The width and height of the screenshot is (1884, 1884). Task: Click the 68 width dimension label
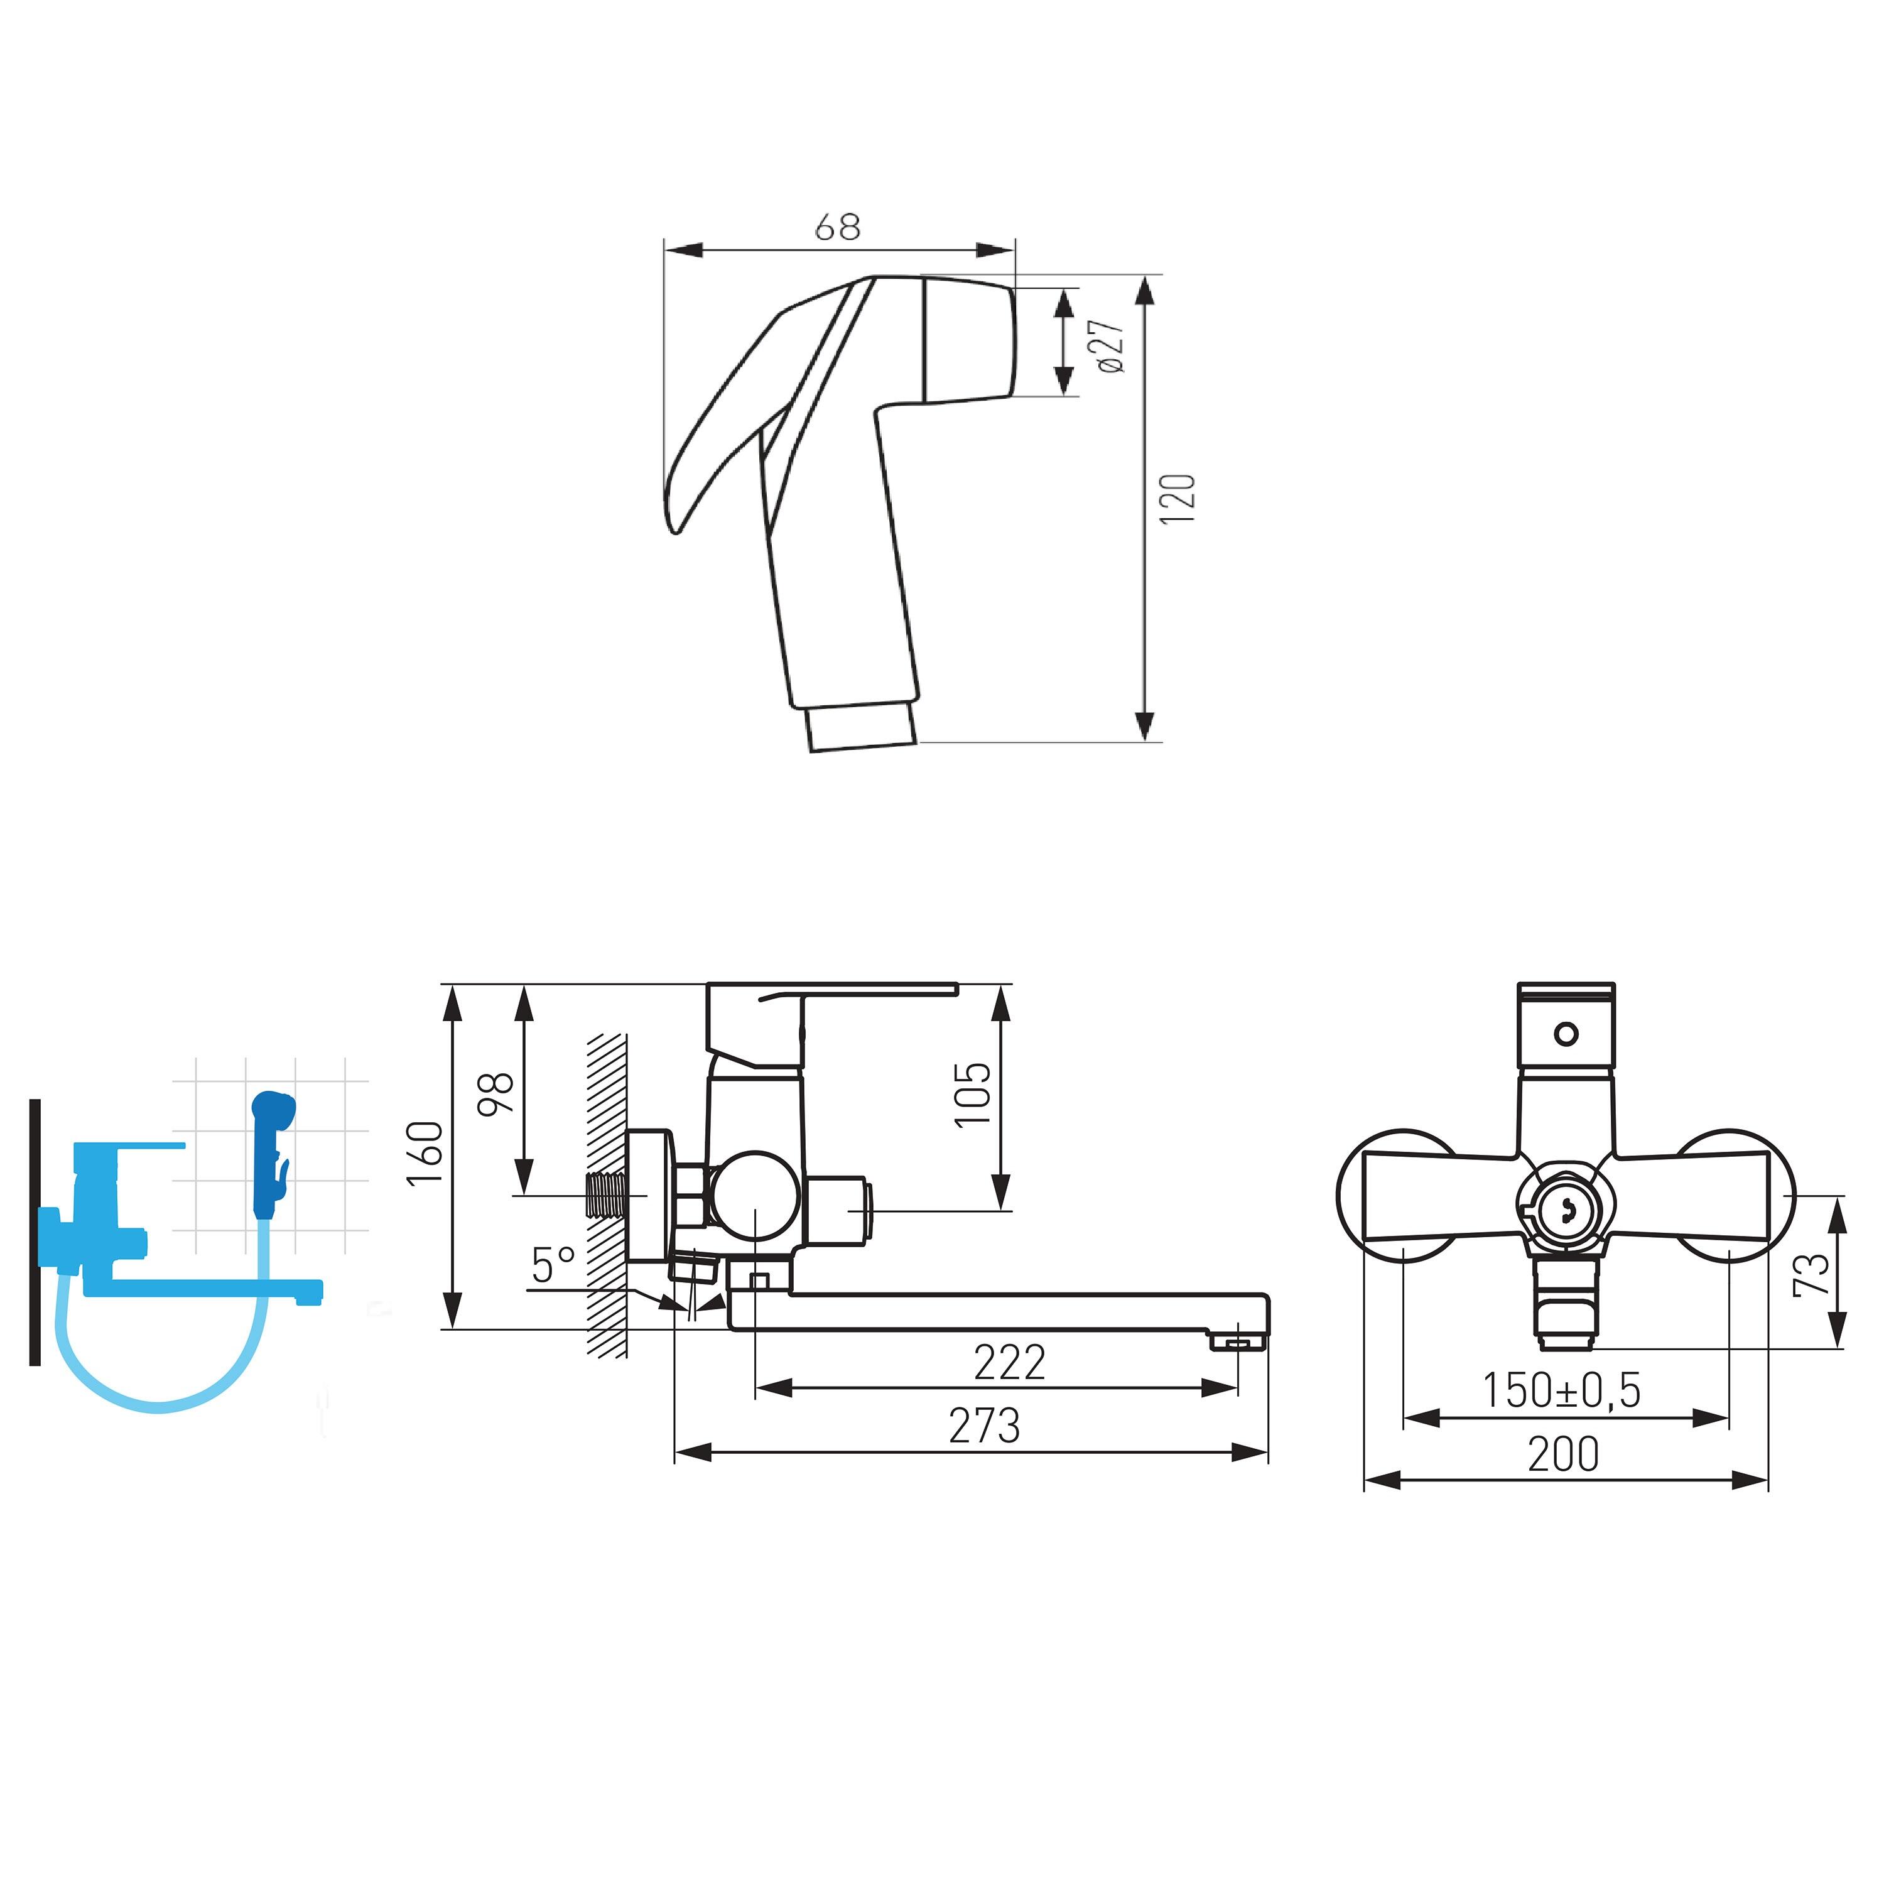838,227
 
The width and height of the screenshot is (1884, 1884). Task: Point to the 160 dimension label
426,1152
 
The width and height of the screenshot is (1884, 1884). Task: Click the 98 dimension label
495,1093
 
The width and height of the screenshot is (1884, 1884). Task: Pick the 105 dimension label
972,1094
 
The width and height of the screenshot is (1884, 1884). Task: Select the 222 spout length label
1009,1362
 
